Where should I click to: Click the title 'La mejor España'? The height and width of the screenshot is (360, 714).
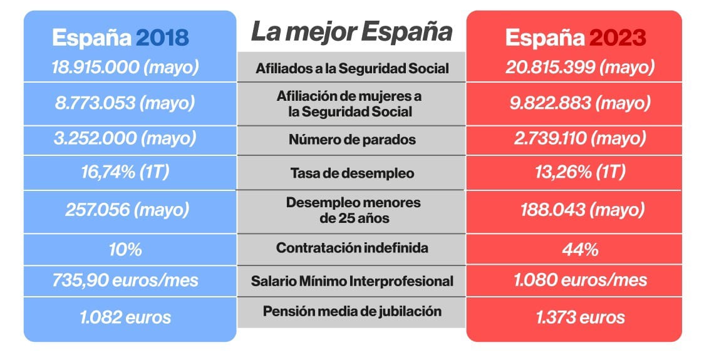[351, 32]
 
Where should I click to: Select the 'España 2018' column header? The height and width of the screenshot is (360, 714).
[120, 38]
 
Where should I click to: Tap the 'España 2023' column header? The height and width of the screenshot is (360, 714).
[575, 38]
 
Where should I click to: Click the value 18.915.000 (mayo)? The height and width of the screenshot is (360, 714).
[125, 67]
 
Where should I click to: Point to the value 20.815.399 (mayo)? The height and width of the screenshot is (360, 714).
[580, 67]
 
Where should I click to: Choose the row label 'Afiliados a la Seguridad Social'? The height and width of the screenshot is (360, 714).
[352, 69]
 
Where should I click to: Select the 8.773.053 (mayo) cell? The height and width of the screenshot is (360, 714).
[125, 102]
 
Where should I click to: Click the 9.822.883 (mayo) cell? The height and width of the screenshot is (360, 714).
[580, 102]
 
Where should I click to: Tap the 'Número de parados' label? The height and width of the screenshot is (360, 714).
[352, 140]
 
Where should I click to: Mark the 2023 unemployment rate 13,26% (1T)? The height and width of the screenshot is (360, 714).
[571, 173]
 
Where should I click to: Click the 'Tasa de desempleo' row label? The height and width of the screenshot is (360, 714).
[352, 173]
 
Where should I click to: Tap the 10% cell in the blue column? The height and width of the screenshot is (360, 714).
[125, 249]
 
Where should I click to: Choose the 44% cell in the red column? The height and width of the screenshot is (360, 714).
[580, 250]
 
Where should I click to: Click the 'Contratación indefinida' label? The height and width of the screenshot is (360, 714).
[352, 248]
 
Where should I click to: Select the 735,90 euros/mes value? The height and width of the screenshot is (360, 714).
[125, 280]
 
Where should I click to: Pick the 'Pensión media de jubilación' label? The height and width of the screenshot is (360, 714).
[352, 311]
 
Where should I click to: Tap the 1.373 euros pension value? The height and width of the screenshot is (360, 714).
[580, 317]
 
